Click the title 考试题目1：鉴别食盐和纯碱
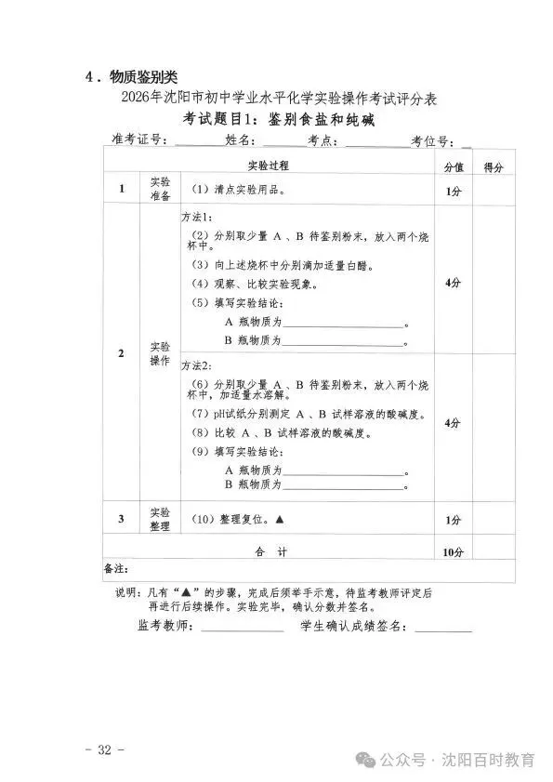tap(278, 119)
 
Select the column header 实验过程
tap(268, 166)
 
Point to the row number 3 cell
tap(121, 519)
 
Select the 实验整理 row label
tap(160, 519)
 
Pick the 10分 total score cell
tap(453, 551)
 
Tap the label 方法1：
tap(196, 215)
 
